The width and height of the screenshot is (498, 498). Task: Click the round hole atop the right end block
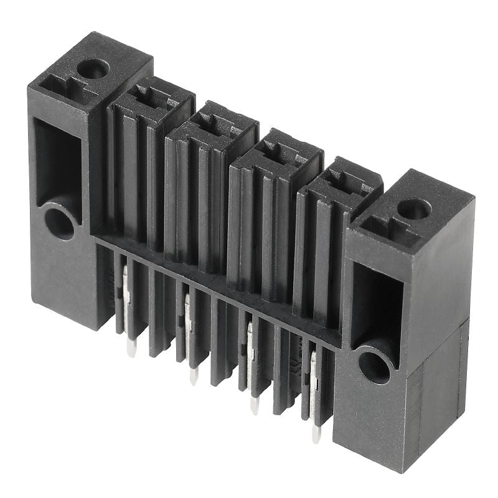[x=413, y=208]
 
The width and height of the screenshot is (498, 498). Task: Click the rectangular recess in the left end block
[x=57, y=159]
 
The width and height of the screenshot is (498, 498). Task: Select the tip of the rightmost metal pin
[x=316, y=436]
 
